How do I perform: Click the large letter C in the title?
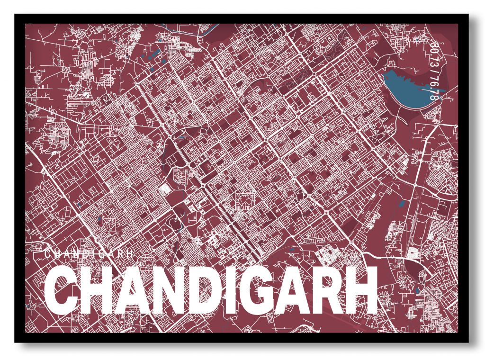coord(61,290)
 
